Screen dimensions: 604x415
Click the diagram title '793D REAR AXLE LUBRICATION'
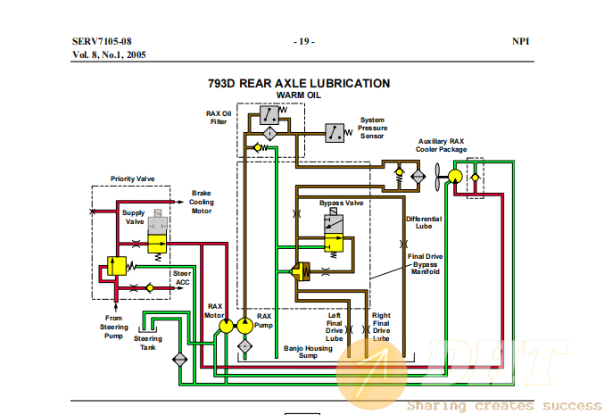click(x=299, y=83)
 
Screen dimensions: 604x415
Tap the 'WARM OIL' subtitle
click(x=299, y=95)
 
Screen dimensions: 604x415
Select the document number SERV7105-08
click(x=102, y=41)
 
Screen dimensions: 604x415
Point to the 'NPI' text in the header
click(x=520, y=41)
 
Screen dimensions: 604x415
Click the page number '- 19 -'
click(x=304, y=41)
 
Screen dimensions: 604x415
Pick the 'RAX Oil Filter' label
click(x=219, y=118)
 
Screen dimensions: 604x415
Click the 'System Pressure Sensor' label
click(x=373, y=128)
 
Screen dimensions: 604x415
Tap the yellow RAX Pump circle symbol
click(x=244, y=326)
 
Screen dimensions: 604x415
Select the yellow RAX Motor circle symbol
click(x=226, y=326)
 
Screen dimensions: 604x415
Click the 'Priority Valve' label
click(x=133, y=178)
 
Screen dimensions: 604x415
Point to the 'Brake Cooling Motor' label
click(x=201, y=202)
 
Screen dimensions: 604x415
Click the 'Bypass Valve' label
click(x=342, y=203)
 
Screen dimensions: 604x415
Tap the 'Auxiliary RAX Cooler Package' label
click(x=441, y=145)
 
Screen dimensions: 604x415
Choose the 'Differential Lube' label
click(x=424, y=222)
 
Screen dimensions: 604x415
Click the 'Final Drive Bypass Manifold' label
click(x=426, y=264)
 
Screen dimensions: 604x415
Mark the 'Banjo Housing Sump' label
click(x=308, y=352)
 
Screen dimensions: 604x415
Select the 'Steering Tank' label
click(x=148, y=343)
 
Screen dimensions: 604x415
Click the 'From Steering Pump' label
click(x=113, y=327)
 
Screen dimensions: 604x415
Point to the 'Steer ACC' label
click(x=182, y=278)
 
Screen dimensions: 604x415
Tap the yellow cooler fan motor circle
click(x=455, y=177)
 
